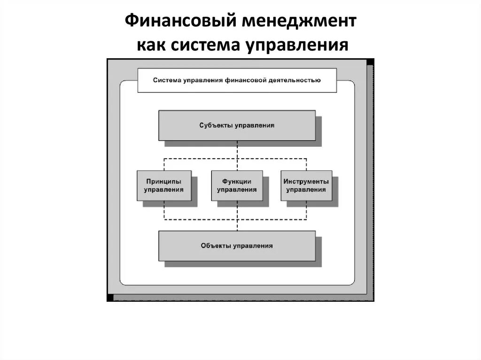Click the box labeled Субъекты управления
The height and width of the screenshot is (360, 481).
[237, 125]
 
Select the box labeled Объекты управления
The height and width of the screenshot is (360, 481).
[237, 245]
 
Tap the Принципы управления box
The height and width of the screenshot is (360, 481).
[164, 185]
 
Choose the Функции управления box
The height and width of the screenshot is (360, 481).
[237, 185]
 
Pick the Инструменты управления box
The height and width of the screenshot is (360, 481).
[306, 185]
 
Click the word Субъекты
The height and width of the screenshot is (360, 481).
[214, 125]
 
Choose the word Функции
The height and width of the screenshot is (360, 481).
[237, 181]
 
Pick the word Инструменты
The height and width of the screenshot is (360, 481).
[306, 181]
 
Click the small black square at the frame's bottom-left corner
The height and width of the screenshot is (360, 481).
[110, 298]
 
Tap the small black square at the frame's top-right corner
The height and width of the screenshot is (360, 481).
[370, 62]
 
